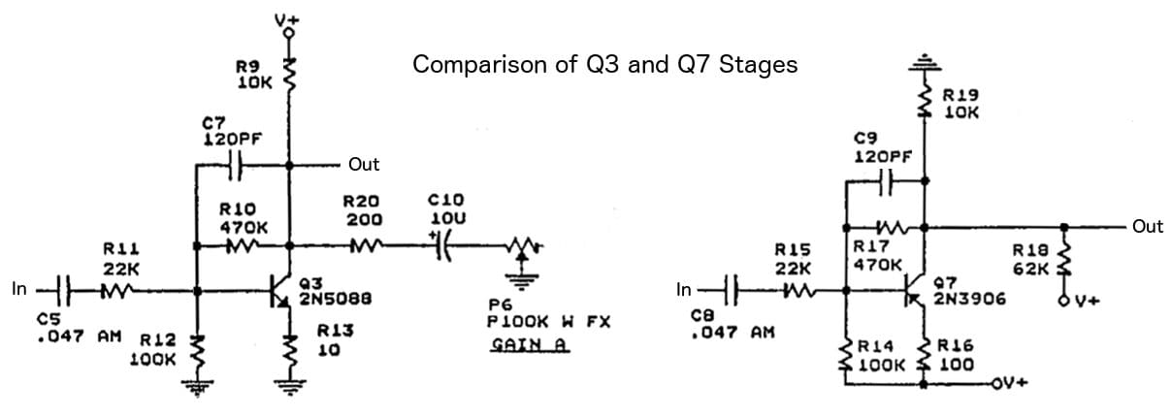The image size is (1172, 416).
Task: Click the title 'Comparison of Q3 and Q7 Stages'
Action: click(604, 65)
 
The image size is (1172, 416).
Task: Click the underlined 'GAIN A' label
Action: click(529, 345)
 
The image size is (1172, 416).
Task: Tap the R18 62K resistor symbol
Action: click(1064, 258)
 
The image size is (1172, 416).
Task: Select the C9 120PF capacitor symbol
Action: click(884, 179)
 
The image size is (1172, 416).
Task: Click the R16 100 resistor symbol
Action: click(923, 354)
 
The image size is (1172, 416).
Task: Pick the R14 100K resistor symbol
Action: click(845, 354)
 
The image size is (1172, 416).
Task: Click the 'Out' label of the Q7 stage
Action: click(1148, 227)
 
